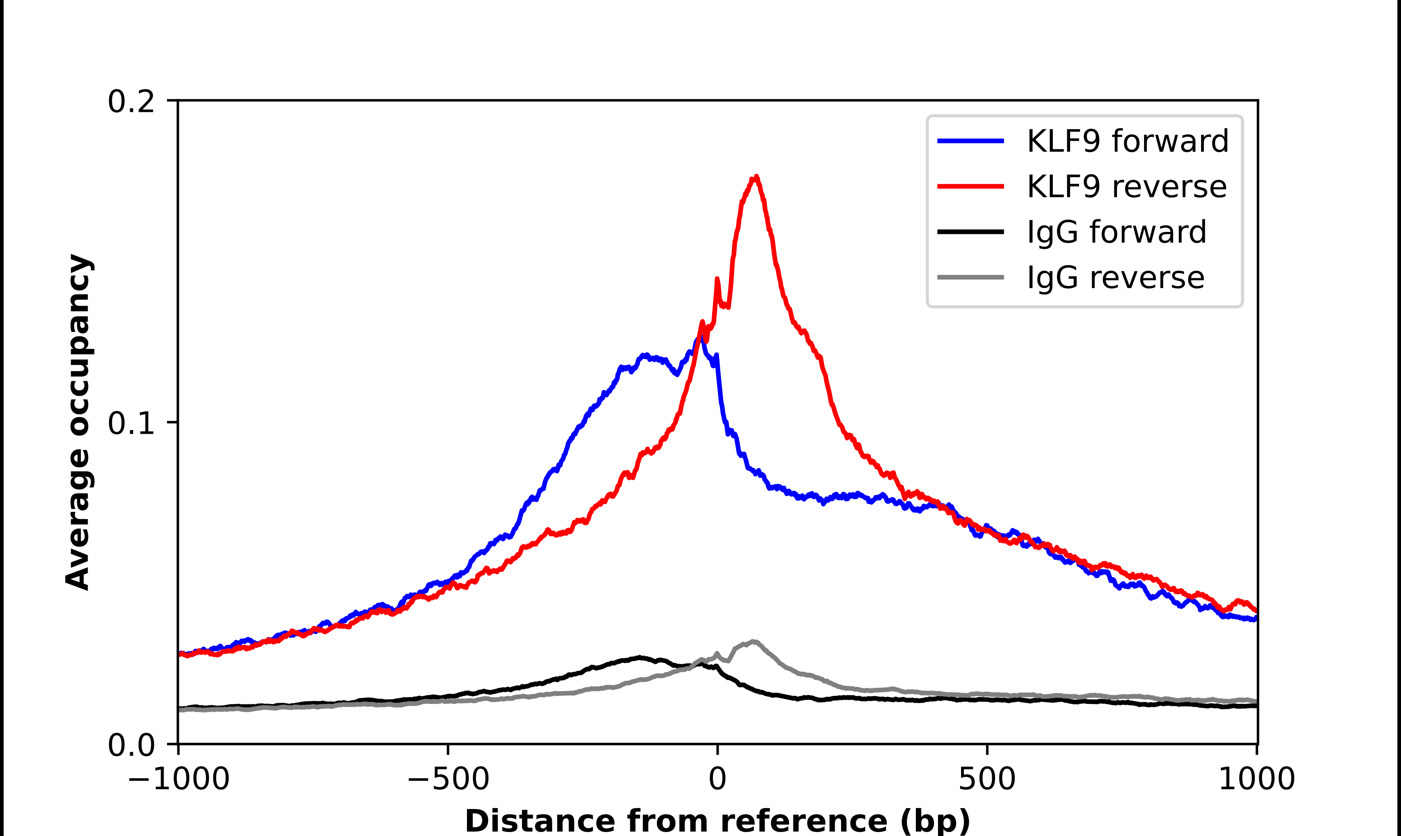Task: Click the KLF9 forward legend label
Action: [x=1127, y=141]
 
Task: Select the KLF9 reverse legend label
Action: [x=1127, y=187]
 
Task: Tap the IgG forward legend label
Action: [x=1117, y=232]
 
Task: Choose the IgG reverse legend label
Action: [x=1115, y=278]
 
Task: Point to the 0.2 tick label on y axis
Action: [x=131, y=102]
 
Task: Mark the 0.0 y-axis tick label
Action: [x=131, y=745]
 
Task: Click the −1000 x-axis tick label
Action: [x=179, y=779]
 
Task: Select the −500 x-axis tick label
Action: [x=448, y=779]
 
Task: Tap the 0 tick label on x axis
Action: [x=717, y=779]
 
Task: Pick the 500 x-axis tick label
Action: [x=987, y=779]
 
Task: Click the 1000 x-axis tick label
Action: [x=1256, y=779]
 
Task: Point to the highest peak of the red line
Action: [x=756, y=177]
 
